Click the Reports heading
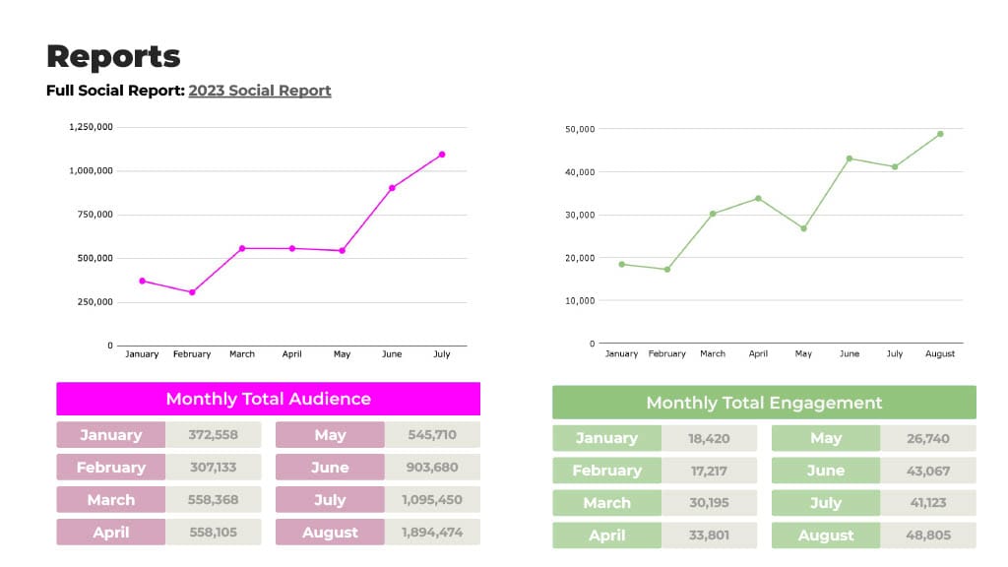click(113, 56)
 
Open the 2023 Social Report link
click(260, 91)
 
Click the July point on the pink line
click(442, 155)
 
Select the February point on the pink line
click(192, 292)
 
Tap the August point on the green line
click(940, 134)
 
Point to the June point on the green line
click(850, 158)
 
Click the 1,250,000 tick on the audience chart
click(91, 127)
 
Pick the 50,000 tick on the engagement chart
click(580, 129)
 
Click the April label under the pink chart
click(292, 354)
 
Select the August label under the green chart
click(940, 354)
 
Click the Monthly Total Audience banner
click(268, 399)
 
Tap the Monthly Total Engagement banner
click(764, 403)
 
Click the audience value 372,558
click(214, 435)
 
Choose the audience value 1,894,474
click(431, 533)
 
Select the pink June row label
click(330, 468)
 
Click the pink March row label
click(110, 500)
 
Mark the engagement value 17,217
click(709, 471)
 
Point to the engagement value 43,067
click(928, 471)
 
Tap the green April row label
click(606, 535)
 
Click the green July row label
click(825, 503)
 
